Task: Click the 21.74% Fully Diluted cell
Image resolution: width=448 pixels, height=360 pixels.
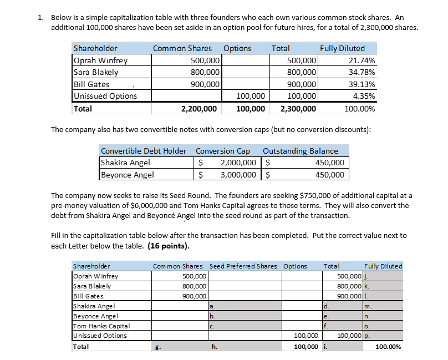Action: (360, 60)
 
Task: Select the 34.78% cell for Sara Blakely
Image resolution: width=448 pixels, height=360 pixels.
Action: (360, 72)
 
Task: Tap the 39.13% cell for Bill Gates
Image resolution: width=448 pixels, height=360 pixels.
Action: (360, 84)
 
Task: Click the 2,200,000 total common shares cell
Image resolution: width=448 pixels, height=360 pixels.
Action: (199, 109)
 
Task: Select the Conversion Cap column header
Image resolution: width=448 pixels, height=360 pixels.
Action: (223, 151)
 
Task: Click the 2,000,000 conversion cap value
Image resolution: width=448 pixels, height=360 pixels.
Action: (238, 163)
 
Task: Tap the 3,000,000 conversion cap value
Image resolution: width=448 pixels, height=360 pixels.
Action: (238, 175)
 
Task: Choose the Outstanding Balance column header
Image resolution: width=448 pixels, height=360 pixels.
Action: (300, 151)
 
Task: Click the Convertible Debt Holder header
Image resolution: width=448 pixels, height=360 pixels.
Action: (143, 151)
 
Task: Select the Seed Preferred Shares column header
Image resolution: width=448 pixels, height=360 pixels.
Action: (243, 266)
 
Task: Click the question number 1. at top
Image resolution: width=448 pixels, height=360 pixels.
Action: (42, 18)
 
